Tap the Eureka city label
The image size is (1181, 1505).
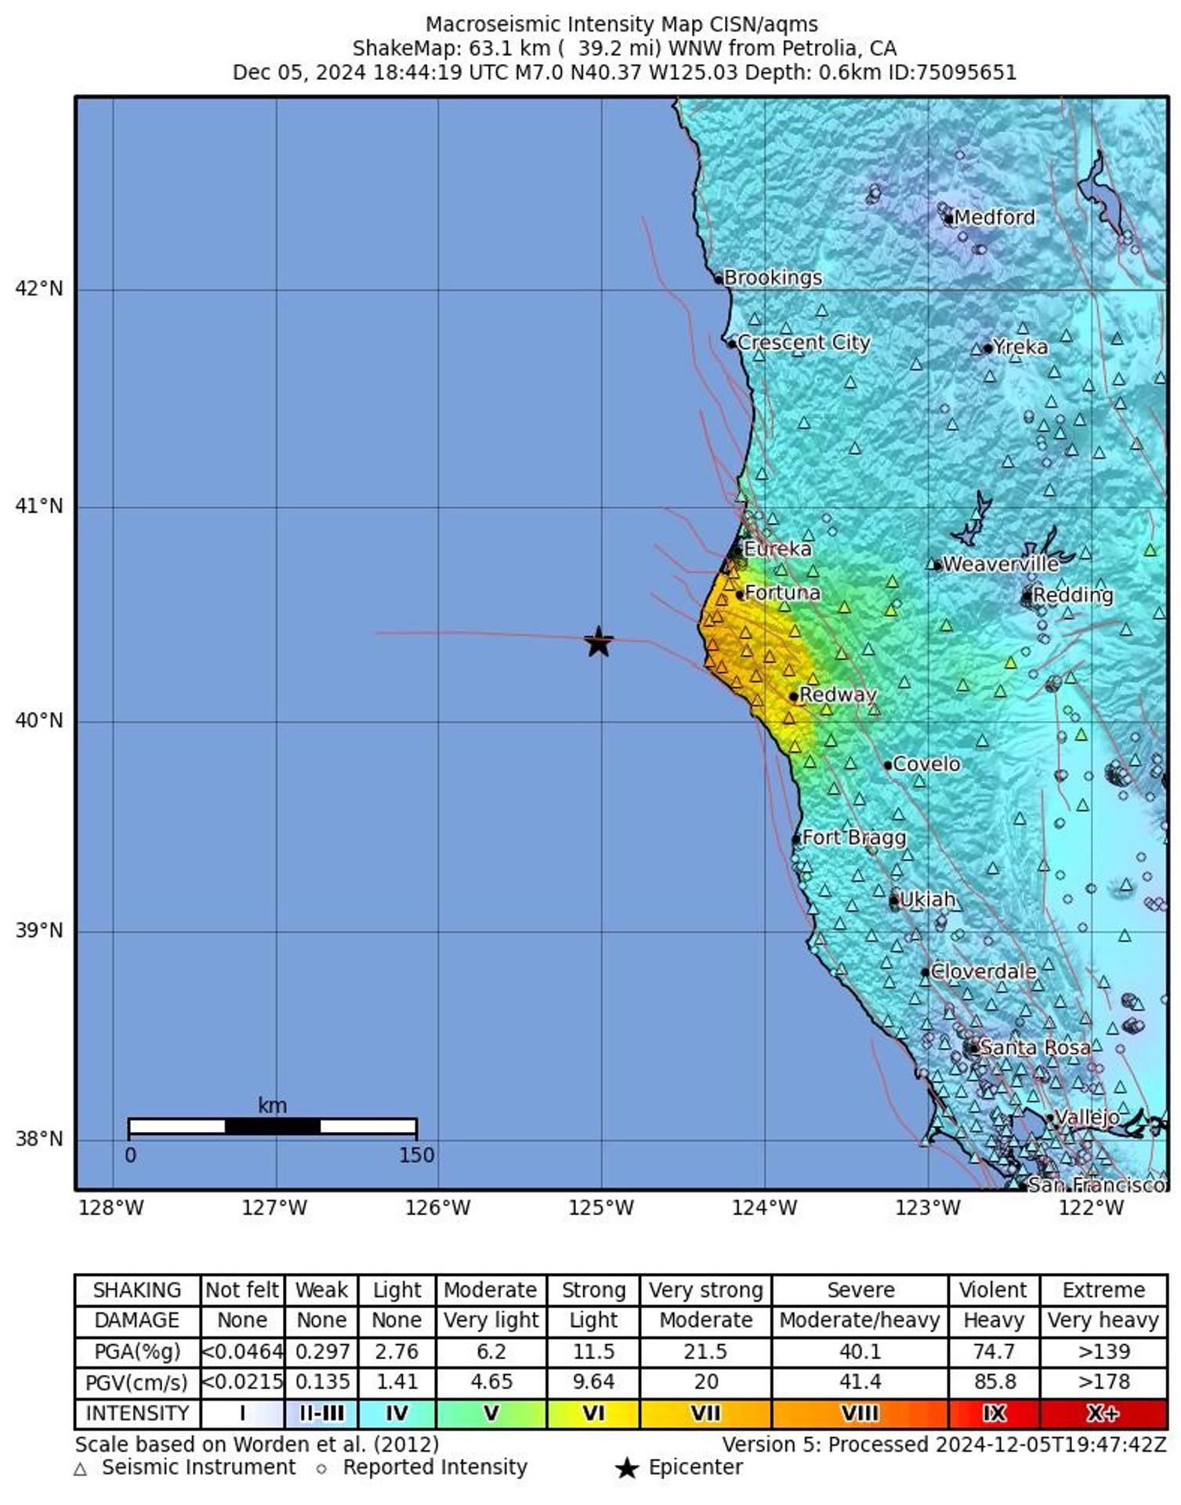[x=777, y=549]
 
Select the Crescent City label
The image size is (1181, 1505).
[x=803, y=343]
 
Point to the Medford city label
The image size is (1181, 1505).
[x=994, y=217]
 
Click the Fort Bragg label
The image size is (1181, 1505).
[x=853, y=837]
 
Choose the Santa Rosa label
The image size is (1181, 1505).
[x=1034, y=1047]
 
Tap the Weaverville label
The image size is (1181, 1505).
[x=1000, y=564]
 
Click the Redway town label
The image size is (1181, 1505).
[x=837, y=694]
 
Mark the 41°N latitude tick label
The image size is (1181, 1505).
[x=38, y=506]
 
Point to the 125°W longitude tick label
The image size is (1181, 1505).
[x=600, y=1208]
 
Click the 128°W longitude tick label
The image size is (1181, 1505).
[x=111, y=1208]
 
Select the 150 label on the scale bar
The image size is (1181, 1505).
[x=416, y=1155]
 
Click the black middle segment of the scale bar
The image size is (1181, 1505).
[x=272, y=1126]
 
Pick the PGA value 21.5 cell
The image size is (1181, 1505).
[x=705, y=1351]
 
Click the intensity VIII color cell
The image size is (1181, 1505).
[x=859, y=1413]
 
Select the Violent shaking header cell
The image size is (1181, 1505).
[x=993, y=1290]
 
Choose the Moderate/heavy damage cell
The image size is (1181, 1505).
[x=859, y=1321]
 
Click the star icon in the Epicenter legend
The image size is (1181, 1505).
[x=626, y=1468]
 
